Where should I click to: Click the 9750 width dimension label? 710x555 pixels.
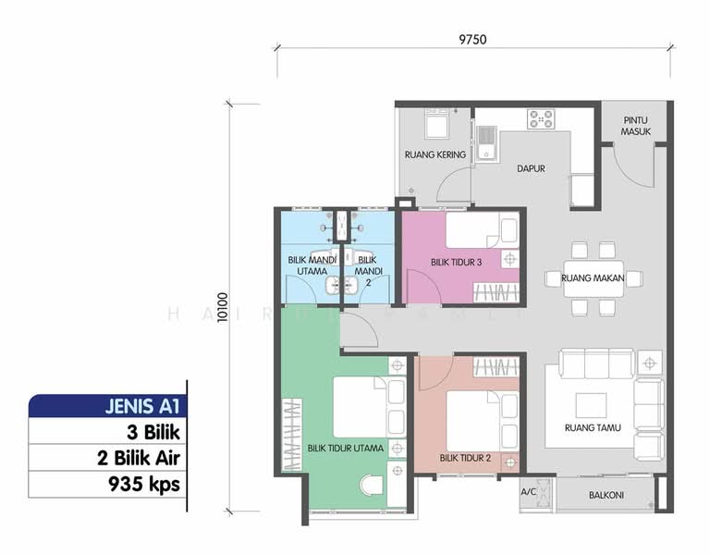[471, 39]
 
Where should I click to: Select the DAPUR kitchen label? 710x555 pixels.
[530, 169]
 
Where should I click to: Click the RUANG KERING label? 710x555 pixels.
[433, 154]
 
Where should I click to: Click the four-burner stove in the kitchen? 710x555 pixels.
[541, 119]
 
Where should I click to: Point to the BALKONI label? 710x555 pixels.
[606, 496]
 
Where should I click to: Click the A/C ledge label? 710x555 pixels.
[529, 492]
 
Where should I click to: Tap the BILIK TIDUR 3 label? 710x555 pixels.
[456, 263]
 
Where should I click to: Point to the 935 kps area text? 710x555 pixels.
[143, 483]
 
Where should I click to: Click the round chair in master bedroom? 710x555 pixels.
[374, 487]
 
